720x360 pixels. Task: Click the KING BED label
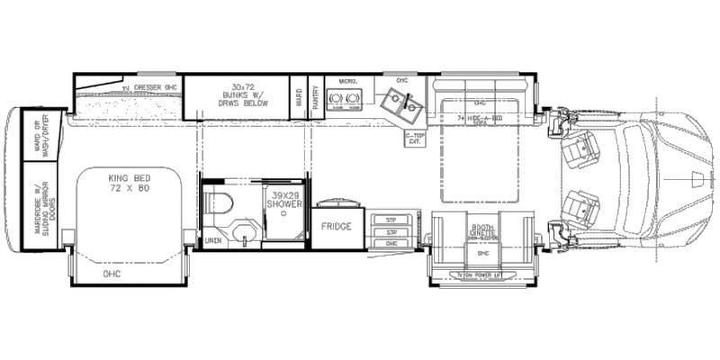click(127, 179)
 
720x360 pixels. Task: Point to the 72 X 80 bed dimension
click(127, 190)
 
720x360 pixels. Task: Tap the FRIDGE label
click(336, 226)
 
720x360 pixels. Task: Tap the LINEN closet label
click(212, 241)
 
